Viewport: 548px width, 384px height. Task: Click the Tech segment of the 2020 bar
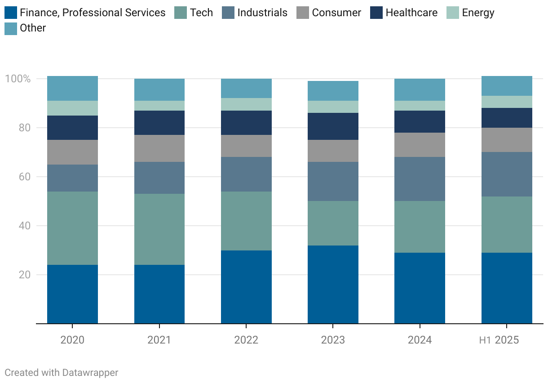(72, 228)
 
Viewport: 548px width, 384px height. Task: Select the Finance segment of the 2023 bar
(333, 284)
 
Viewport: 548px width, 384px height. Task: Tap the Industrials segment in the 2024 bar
(420, 179)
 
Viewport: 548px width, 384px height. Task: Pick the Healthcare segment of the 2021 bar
(159, 123)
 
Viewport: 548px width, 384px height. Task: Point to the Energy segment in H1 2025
(507, 102)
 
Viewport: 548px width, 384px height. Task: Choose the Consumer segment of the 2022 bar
(246, 146)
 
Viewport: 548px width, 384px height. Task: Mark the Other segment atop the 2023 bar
(333, 91)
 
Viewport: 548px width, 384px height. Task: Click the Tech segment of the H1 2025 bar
(507, 224)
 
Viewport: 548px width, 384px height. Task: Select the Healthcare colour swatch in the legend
(376, 13)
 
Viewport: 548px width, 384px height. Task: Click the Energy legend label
(478, 13)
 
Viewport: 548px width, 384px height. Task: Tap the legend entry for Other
(33, 28)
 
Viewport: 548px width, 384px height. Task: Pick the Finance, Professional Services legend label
(93, 13)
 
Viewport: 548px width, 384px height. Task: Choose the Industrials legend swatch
(228, 13)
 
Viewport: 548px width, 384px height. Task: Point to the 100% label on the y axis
(18, 79)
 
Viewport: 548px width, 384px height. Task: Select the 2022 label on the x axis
(246, 340)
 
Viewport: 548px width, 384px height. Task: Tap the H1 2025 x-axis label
(499, 340)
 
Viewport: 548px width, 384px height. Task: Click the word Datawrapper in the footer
(90, 373)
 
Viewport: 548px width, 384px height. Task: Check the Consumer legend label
(336, 13)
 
